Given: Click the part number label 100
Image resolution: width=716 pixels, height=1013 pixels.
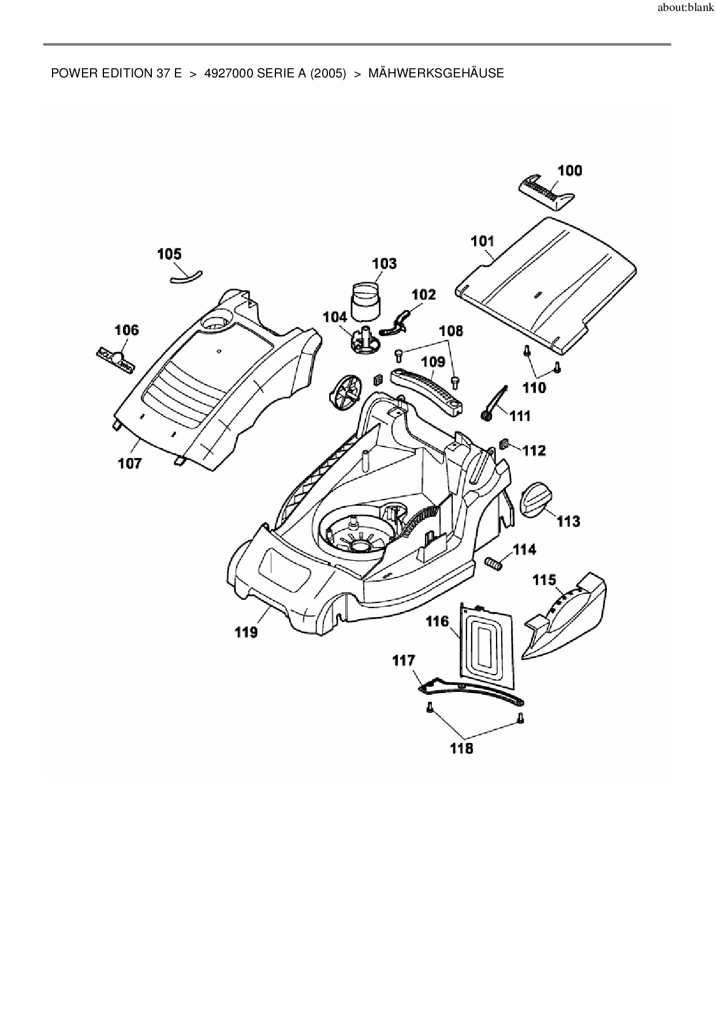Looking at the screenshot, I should coord(569,170).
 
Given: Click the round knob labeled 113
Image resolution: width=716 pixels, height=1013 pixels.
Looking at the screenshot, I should coord(536,498).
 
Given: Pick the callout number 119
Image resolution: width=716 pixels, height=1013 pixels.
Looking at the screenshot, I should coord(246,632).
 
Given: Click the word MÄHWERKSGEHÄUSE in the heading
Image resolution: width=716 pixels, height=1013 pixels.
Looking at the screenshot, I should coord(436,73).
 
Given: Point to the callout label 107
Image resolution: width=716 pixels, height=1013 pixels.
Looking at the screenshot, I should coord(130,463).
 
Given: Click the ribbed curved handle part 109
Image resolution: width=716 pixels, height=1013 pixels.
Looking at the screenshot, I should coord(428,390).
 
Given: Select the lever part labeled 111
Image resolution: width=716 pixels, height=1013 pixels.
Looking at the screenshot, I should coord(493,404).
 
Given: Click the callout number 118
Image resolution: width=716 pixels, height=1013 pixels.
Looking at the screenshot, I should coord(461,748).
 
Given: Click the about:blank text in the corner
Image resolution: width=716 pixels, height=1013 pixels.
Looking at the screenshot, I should coord(685,9).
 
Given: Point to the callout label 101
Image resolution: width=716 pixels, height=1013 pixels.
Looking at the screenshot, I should coord(483,241).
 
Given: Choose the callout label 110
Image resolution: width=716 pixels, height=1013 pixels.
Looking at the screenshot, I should coord(534,388).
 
